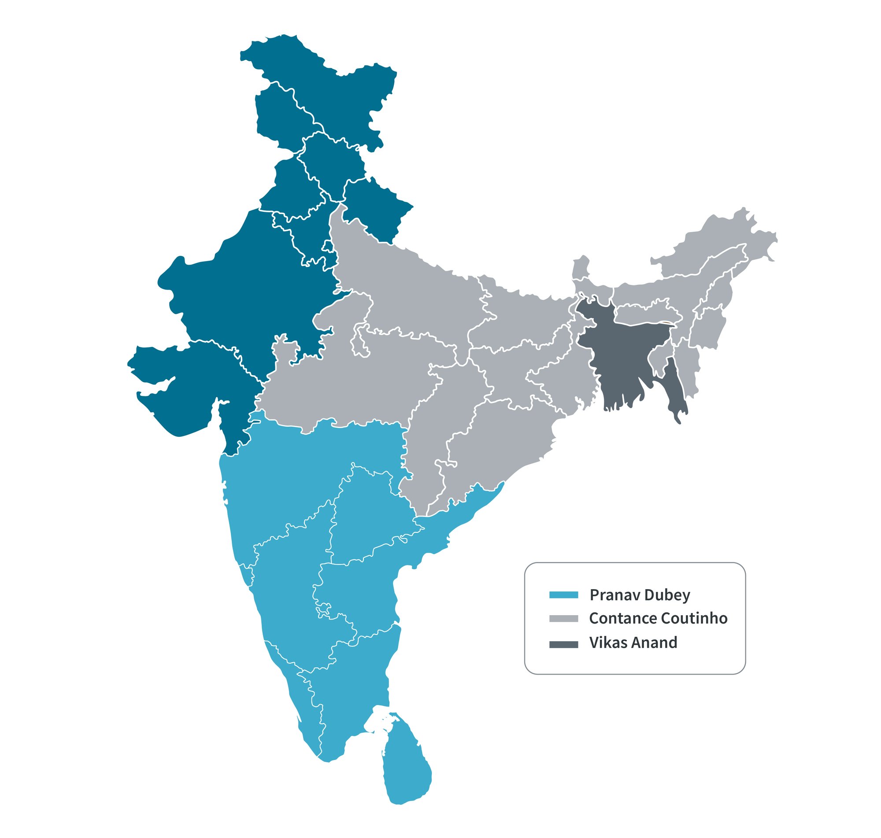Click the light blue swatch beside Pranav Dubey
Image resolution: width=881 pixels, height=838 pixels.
click(563, 595)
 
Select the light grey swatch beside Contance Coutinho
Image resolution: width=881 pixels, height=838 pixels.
click(563, 619)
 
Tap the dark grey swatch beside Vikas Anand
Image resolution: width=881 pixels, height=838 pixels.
click(563, 643)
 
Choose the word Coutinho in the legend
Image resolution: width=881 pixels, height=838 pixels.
click(693, 619)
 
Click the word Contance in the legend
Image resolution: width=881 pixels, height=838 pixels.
click(622, 619)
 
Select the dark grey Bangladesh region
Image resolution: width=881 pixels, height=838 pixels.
click(626, 353)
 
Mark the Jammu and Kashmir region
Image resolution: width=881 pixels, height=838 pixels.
click(331, 89)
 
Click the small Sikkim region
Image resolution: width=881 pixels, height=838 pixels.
click(581, 268)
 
